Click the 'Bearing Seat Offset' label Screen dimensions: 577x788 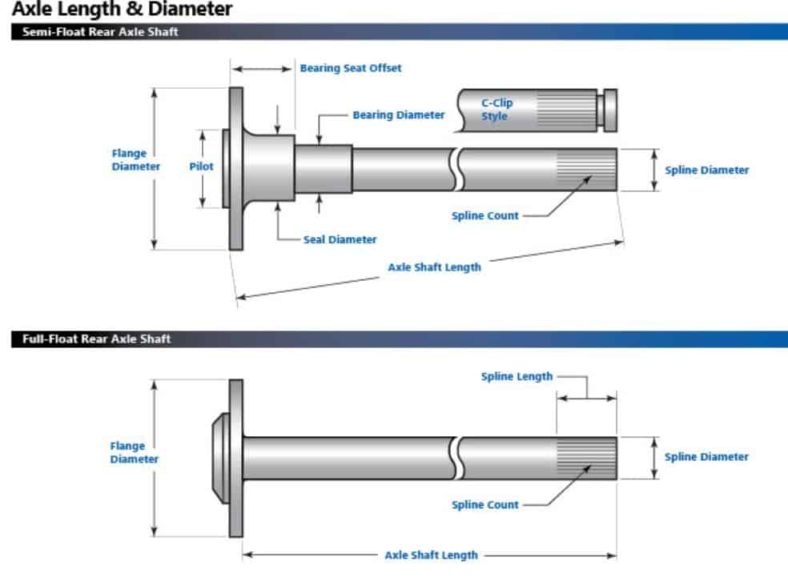351,68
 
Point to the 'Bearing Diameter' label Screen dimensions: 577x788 398,115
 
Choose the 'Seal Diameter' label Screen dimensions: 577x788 340,239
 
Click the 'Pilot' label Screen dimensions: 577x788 201,166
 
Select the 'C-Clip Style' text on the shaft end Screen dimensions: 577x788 497,110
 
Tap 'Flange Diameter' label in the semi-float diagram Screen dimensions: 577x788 135,160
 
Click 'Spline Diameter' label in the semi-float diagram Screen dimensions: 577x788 707,170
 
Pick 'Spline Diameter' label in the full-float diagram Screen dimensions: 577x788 707,457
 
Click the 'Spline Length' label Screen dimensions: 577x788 517,376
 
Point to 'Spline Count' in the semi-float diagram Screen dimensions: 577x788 485,215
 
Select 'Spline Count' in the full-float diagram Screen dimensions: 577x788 485,504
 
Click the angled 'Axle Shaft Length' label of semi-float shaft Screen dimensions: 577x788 434,267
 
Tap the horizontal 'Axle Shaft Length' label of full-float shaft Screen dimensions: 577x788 431,555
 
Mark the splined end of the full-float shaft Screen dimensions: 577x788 586,458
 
